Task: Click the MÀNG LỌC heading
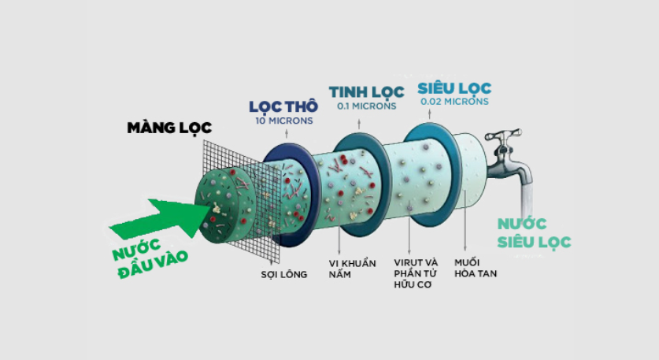pos(169,128)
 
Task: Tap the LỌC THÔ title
pos(283,106)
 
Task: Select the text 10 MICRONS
pos(284,121)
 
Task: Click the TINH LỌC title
pos(366,91)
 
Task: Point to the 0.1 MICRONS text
pos(366,106)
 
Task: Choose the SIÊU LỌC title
pos(454,88)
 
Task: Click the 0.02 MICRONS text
pos(455,102)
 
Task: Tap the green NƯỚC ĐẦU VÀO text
pos(150,258)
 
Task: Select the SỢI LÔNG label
pos(284,275)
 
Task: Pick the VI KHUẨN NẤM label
pos(352,269)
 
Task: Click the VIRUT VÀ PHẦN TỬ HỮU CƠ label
pos(416,273)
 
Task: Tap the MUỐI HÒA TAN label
pos(476,268)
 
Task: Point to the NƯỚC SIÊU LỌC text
pos(534,233)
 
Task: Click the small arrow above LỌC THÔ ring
pos(287,133)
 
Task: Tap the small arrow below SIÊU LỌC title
pos(429,113)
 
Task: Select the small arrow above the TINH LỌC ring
pos(359,124)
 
